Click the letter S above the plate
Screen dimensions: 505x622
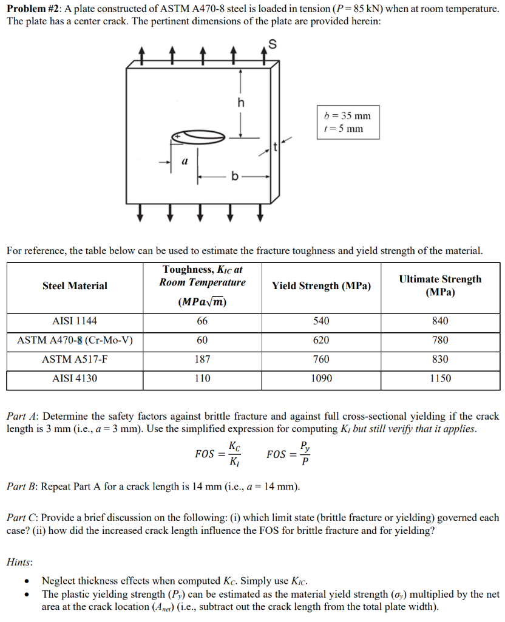point(272,44)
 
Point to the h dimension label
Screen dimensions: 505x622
point(241,103)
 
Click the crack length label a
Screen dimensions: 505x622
point(185,162)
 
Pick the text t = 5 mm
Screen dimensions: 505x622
point(344,128)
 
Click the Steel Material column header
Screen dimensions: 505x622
point(75,285)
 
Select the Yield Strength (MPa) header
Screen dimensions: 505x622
point(321,285)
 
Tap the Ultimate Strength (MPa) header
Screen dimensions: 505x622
point(440,285)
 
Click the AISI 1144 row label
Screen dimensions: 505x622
point(75,321)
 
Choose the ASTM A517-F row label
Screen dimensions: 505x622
point(75,359)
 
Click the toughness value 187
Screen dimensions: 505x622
point(202,359)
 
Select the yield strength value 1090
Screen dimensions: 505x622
point(321,378)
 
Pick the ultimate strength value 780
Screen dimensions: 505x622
point(440,340)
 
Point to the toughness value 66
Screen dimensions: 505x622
point(202,321)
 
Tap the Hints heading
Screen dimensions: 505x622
point(19,563)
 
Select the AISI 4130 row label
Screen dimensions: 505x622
point(75,378)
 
